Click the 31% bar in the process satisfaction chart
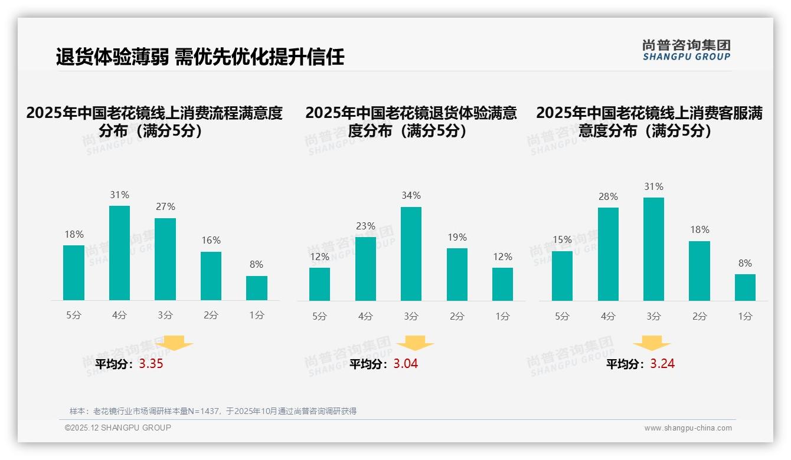(x=120, y=253)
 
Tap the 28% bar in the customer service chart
(x=608, y=254)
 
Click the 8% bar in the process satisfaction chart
(x=257, y=288)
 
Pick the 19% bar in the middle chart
(x=457, y=274)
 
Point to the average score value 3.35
(x=151, y=364)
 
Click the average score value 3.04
(x=406, y=364)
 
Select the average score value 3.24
(x=662, y=364)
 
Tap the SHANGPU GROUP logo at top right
(x=686, y=50)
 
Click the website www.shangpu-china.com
(x=688, y=428)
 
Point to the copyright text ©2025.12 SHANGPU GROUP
(x=118, y=428)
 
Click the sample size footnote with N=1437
(x=213, y=411)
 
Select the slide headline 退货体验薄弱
(x=200, y=57)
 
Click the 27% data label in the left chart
(x=165, y=207)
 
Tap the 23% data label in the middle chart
(x=365, y=226)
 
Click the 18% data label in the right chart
(x=700, y=230)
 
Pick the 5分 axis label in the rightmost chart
(x=562, y=317)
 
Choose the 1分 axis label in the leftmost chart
(x=257, y=316)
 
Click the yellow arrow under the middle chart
(x=415, y=343)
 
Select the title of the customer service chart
(x=649, y=121)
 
